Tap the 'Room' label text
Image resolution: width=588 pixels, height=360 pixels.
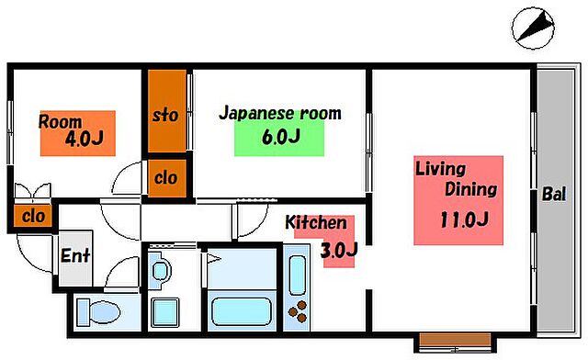click(x=60, y=121)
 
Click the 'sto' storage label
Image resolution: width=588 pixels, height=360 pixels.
click(x=164, y=117)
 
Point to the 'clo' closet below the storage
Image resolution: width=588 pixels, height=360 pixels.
click(x=165, y=177)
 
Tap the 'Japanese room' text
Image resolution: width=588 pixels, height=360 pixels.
click(x=279, y=114)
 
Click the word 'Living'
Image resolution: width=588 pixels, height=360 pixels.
click(x=441, y=170)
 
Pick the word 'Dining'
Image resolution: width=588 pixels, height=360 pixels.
click(x=470, y=191)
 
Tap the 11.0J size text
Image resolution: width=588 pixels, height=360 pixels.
click(x=462, y=219)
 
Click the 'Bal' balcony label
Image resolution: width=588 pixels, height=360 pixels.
click(x=553, y=195)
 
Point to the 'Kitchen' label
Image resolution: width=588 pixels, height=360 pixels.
click(x=315, y=223)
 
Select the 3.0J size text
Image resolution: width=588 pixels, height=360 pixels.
click(x=338, y=249)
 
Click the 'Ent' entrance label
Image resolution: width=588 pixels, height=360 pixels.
click(x=75, y=255)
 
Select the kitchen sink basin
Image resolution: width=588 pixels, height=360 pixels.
click(x=298, y=274)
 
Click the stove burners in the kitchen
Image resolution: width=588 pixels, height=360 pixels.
click(x=298, y=312)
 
